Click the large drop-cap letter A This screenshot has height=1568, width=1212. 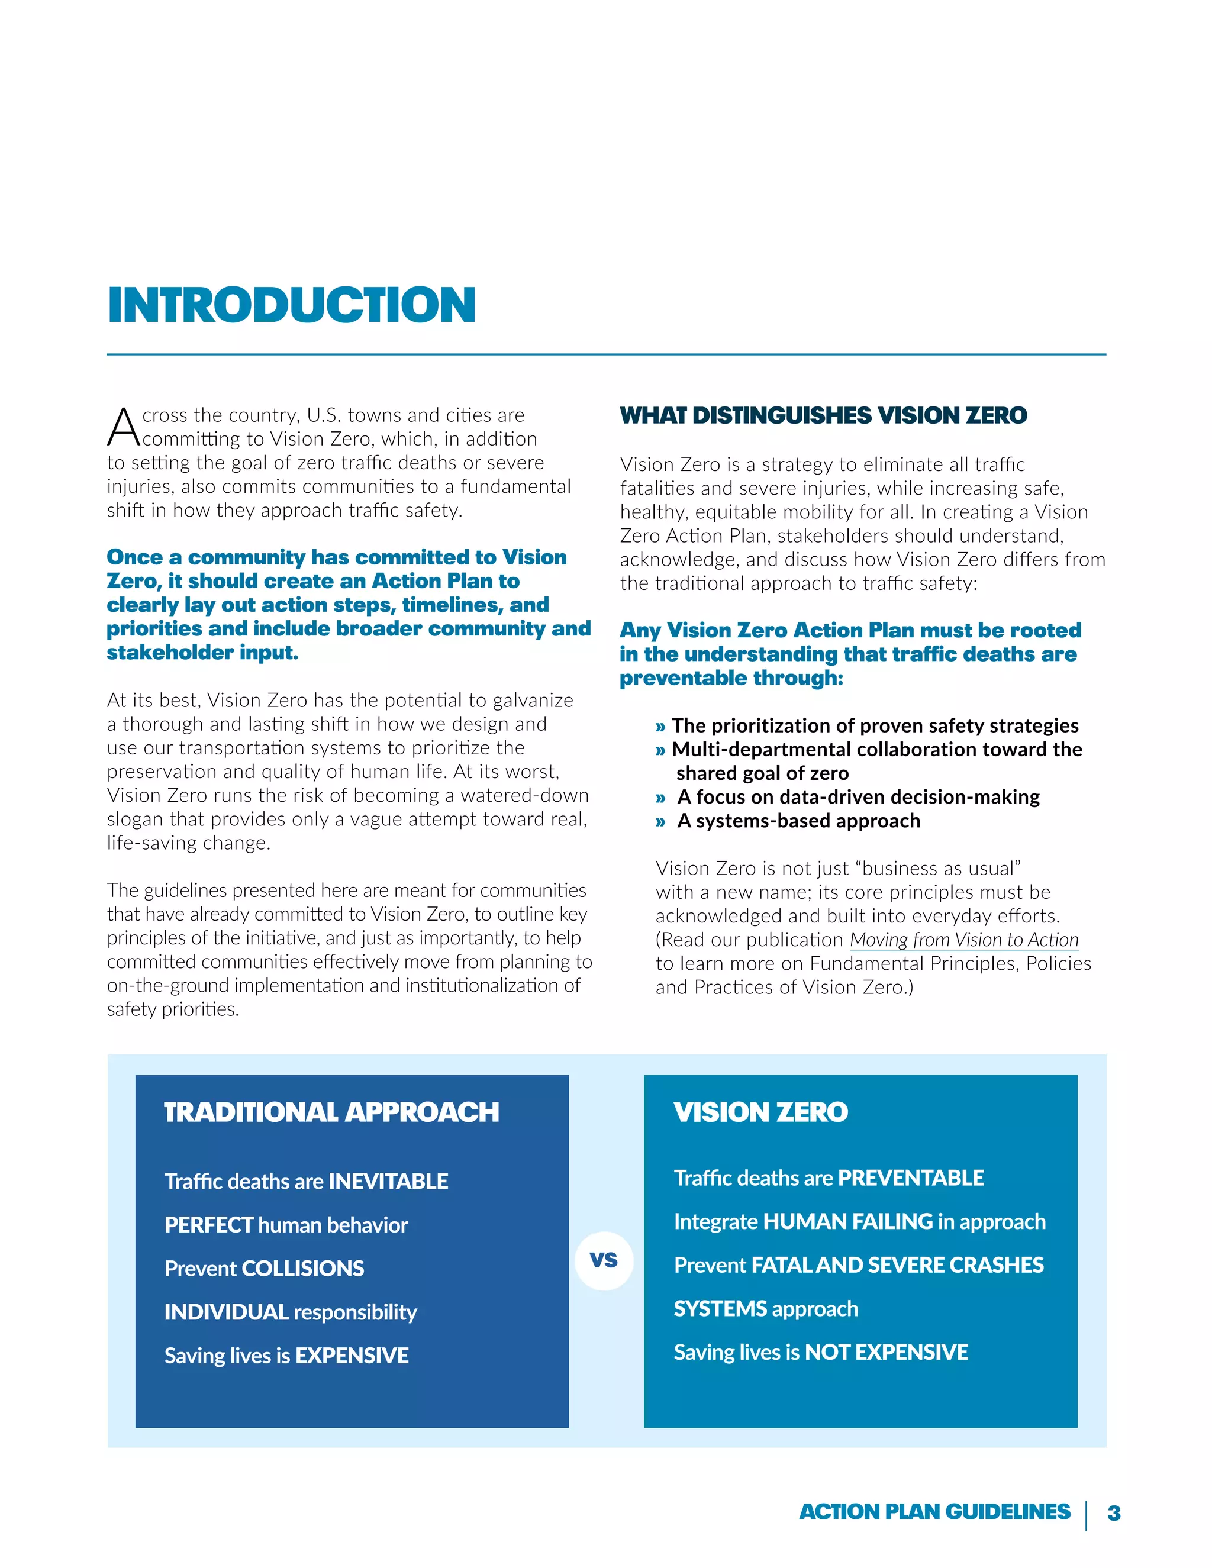(x=124, y=427)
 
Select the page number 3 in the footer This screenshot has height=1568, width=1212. (x=1114, y=1513)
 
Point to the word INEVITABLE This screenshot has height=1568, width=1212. (x=388, y=1181)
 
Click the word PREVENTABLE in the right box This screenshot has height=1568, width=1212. (x=910, y=1177)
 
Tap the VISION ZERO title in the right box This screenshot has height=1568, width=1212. (x=760, y=1112)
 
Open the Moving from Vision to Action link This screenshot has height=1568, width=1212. (x=963, y=940)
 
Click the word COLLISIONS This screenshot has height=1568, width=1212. (x=303, y=1268)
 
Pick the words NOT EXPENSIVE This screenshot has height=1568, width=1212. (x=886, y=1352)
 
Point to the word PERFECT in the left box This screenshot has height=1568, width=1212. (x=209, y=1225)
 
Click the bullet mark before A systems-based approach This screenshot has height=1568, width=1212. (x=660, y=821)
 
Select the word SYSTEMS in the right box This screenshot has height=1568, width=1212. (x=720, y=1308)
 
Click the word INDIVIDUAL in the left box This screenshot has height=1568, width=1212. (x=226, y=1312)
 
